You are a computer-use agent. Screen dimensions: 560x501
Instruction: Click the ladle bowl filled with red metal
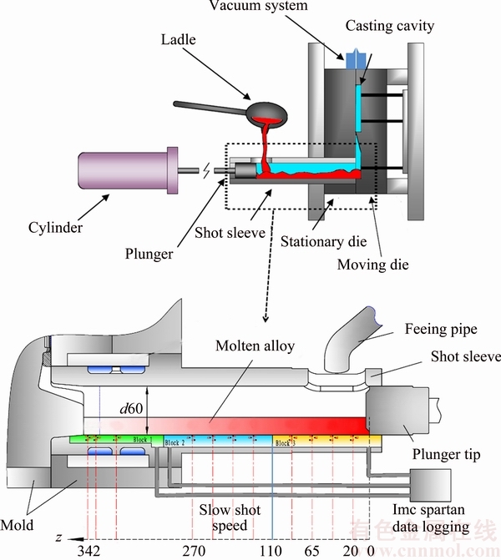click(x=270, y=111)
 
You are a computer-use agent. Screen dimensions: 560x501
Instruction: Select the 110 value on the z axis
click(x=272, y=551)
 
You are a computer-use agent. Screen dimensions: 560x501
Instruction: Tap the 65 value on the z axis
click(x=313, y=551)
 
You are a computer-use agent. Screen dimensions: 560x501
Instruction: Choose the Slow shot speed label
click(x=229, y=517)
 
